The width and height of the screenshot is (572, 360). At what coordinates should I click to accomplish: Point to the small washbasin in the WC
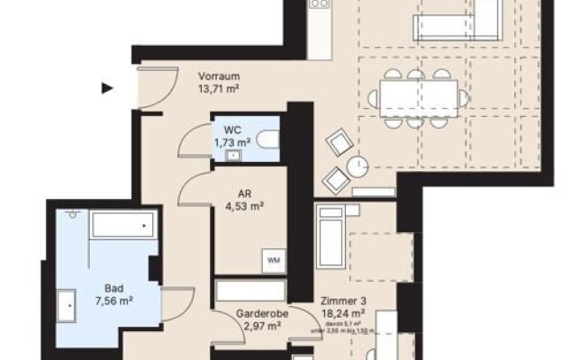point(234,156)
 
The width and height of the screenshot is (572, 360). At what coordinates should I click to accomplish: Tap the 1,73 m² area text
point(232,142)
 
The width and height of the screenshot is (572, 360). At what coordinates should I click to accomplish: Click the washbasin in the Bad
point(68,305)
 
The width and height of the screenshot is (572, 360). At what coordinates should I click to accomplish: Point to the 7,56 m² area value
point(113,303)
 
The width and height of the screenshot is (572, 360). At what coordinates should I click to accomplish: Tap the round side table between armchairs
point(359,166)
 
